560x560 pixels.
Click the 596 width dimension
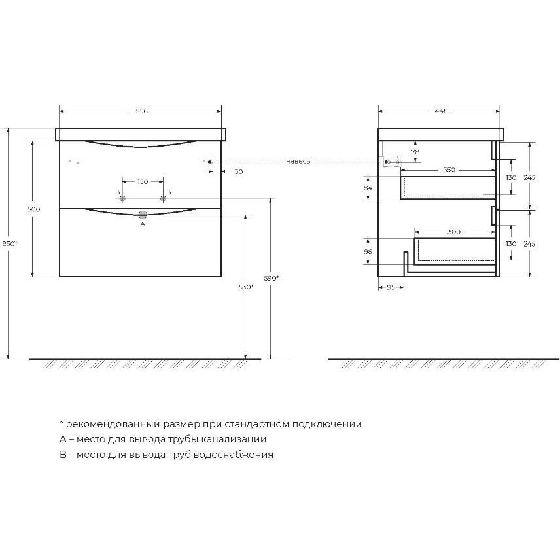141,111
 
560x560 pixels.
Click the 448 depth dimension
441,111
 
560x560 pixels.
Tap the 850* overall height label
10,243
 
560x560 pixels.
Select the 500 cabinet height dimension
33,209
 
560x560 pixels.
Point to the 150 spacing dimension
143,181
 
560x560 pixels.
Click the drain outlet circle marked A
143,215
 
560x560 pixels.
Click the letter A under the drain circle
143,224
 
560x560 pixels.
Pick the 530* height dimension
246,287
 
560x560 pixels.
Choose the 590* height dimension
271,278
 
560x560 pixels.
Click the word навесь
298,162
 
